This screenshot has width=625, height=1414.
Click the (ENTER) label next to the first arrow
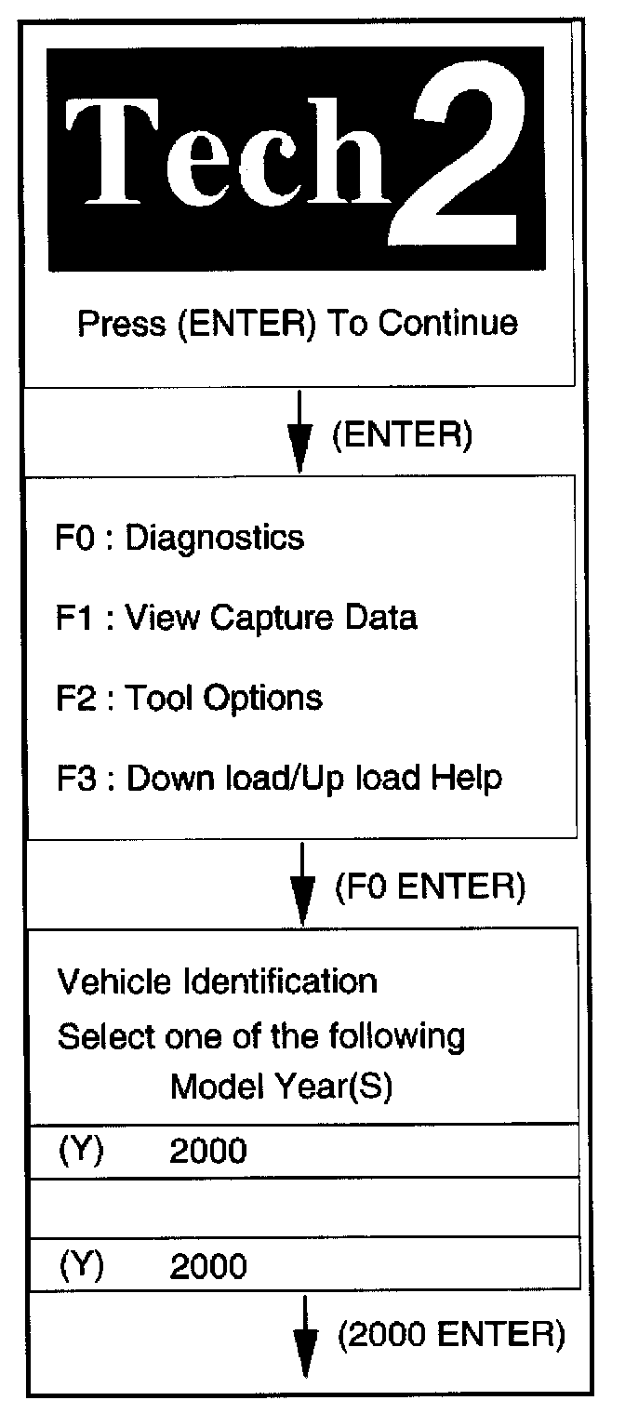tap(402, 435)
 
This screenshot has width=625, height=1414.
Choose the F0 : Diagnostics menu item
tap(180, 537)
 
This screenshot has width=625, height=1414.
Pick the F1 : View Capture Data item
tap(236, 617)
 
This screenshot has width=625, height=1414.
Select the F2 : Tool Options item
tap(189, 697)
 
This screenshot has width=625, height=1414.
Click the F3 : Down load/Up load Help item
tap(279, 778)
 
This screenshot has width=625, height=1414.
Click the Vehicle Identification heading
tap(218, 980)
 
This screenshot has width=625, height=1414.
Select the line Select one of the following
tap(260, 1035)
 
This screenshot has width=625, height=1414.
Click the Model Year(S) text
tap(281, 1088)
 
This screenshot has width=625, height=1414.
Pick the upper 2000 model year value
tap(208, 1152)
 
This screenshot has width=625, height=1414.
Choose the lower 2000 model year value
tap(208, 1266)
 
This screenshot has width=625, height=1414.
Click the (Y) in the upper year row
tap(81, 1152)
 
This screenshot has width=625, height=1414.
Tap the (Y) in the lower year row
tap(81, 1266)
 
